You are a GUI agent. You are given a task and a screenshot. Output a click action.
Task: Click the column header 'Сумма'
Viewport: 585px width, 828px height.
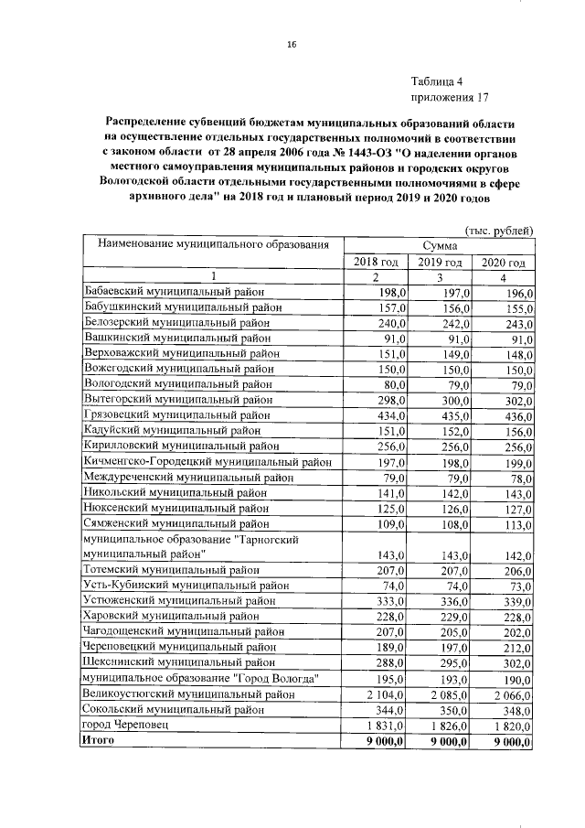coord(440,246)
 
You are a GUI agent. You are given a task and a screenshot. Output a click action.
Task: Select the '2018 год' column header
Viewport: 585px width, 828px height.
coord(376,262)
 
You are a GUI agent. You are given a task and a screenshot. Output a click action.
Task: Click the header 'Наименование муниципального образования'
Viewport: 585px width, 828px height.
coord(207,245)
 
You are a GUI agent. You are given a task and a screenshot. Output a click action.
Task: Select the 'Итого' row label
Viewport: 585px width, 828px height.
coord(99,740)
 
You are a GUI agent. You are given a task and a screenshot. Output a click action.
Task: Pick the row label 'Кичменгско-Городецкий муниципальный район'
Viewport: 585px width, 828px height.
coord(207,462)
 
